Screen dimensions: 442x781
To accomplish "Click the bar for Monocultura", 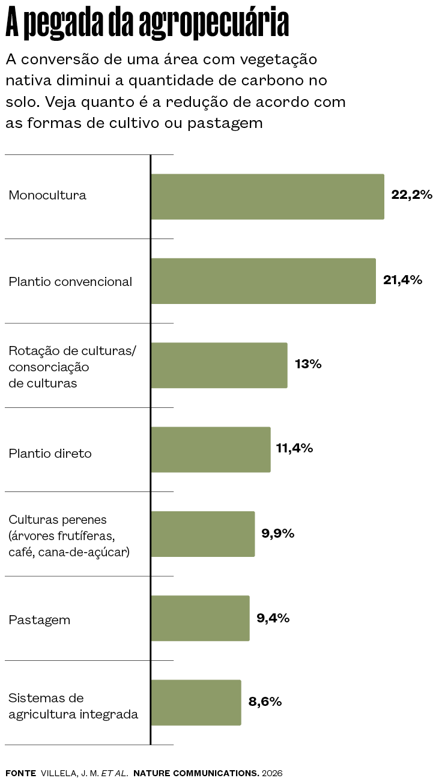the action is pos(267,196).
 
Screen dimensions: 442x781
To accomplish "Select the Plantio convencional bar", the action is pos(263,281).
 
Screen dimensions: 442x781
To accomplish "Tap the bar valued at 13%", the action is pos(219,365).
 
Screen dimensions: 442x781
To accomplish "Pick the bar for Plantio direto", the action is pos(211,450).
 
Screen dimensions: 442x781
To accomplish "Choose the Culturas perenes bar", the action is pos(202,534).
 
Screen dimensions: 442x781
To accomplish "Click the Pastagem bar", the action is pos(200,618).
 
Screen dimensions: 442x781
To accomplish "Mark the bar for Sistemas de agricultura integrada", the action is pos(196,702).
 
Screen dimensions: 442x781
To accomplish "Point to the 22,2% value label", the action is pos(412,195).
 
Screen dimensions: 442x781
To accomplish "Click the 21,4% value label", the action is pos(402,280).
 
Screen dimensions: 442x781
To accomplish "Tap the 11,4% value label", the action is pos(294,448).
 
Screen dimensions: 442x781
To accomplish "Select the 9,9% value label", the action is pos(278,533).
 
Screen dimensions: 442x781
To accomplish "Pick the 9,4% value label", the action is pos(273,618).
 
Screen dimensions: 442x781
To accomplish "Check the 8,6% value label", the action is pos(265,702).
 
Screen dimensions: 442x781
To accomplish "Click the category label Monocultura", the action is pos(47,195).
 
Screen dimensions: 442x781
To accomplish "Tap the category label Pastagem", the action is pos(40,620).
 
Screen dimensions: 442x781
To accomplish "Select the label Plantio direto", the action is pos(50,454).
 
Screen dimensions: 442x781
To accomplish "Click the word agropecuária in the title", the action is pos(214,23).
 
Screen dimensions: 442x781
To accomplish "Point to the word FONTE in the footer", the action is pos(21,773).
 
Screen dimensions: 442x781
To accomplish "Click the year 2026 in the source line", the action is pos(272,773).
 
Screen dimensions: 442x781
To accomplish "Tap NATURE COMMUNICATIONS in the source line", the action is pos(196,773).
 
